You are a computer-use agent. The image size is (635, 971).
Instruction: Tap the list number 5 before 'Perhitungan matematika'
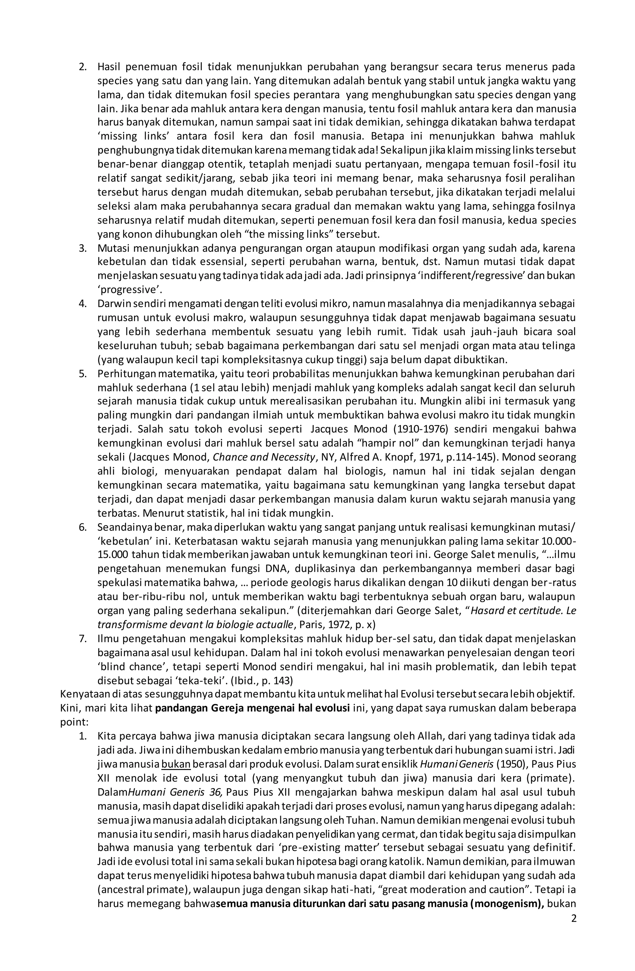coord(83,373)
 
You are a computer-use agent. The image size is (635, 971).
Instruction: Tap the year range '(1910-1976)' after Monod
coord(421,429)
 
